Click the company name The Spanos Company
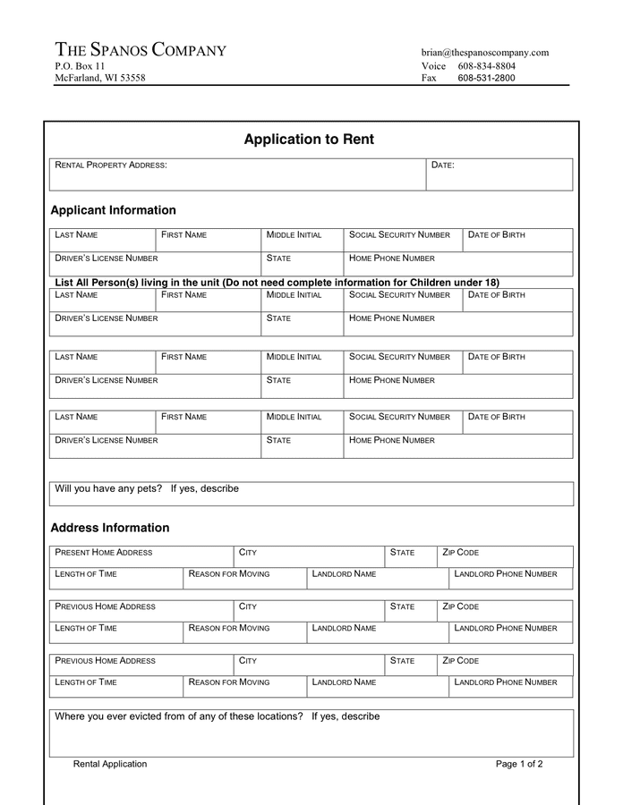141,50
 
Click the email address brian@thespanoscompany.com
484,53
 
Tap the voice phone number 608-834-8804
486,66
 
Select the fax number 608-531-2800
486,79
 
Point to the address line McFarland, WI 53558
99,79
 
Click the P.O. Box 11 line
80,66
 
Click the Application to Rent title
309,140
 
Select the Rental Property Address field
237,175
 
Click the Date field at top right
499,175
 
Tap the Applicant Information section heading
113,210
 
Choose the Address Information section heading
109,528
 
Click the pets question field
311,494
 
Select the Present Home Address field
141,557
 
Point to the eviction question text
218,716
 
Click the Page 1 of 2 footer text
519,764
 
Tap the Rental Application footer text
110,764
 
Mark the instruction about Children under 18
277,283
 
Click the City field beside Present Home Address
309,557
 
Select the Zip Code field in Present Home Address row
505,557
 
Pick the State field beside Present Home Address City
410,557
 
